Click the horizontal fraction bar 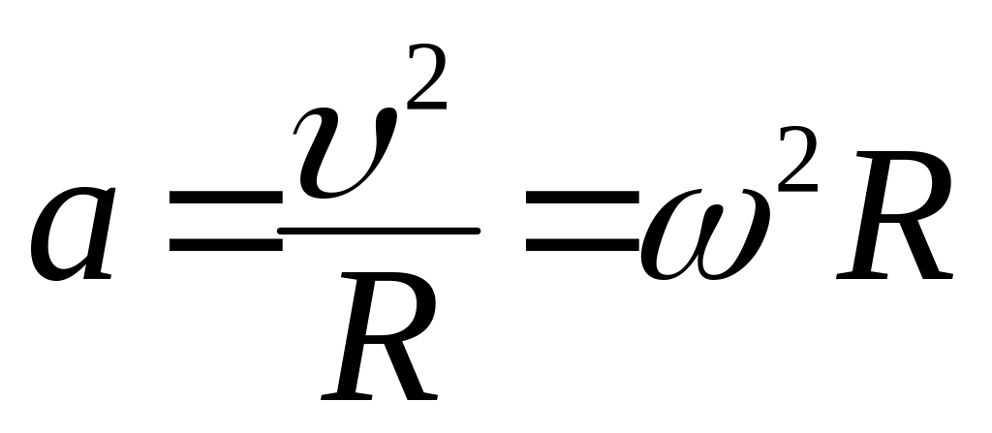pyautogui.click(x=379, y=231)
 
